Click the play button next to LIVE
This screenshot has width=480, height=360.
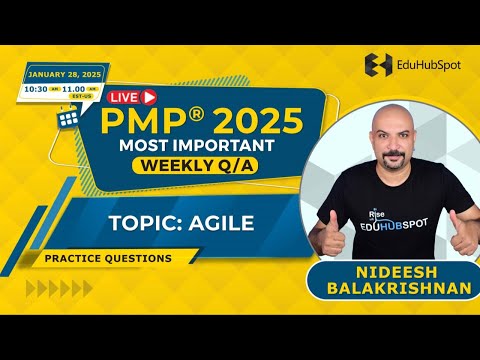[x=150, y=97]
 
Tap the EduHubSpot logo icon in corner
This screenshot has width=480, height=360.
[x=380, y=66]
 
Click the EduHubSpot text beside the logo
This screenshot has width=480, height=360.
[x=427, y=67]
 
